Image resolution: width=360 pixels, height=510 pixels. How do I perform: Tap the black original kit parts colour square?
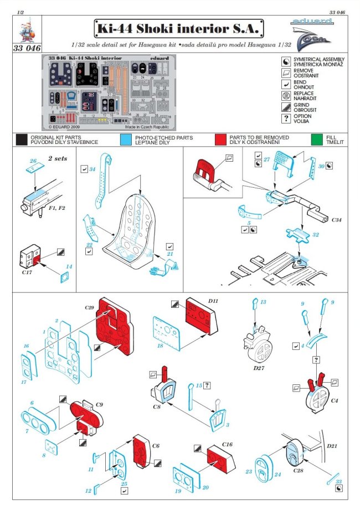[x=22, y=140]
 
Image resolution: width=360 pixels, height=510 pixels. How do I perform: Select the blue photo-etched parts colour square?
[x=126, y=140]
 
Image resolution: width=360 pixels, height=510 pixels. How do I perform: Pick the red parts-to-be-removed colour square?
[x=220, y=140]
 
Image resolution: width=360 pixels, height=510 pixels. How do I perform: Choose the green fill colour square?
[x=317, y=140]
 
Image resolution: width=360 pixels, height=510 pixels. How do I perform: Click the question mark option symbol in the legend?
[x=286, y=118]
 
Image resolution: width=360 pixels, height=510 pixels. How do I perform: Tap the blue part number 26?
[x=33, y=161]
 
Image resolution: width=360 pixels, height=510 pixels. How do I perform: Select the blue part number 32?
[x=315, y=235]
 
